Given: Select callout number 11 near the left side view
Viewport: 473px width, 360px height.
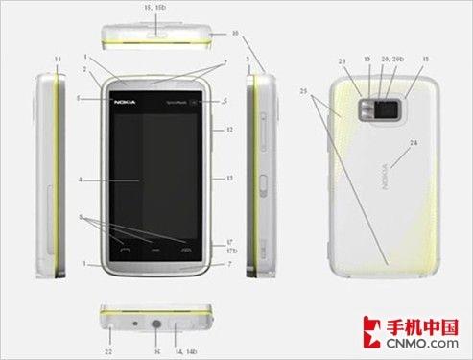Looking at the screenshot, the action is click(57, 60).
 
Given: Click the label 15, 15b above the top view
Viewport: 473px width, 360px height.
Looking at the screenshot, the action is click(154, 7).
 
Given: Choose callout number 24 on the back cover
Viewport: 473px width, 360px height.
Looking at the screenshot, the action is click(415, 145).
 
